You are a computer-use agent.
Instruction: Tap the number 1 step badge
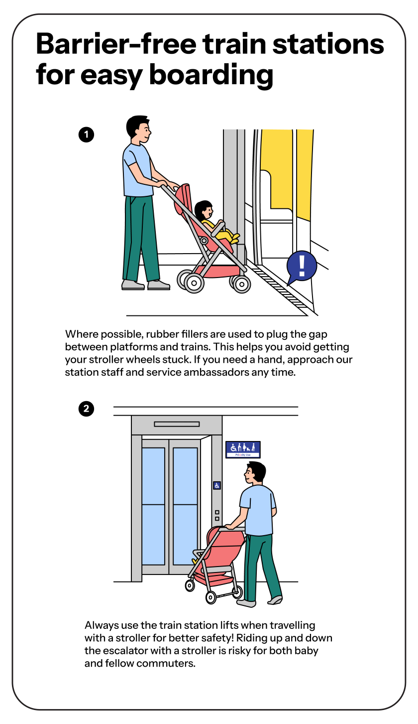(x=86, y=135)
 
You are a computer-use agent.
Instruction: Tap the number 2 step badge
(x=86, y=409)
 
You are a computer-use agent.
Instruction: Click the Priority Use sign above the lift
(x=243, y=449)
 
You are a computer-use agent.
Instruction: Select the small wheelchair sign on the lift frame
(x=217, y=485)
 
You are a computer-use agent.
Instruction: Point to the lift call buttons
(x=217, y=515)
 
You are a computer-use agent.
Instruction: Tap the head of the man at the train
(x=138, y=129)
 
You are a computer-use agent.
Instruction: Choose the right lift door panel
(x=185, y=506)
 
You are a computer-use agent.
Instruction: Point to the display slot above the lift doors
(x=177, y=424)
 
